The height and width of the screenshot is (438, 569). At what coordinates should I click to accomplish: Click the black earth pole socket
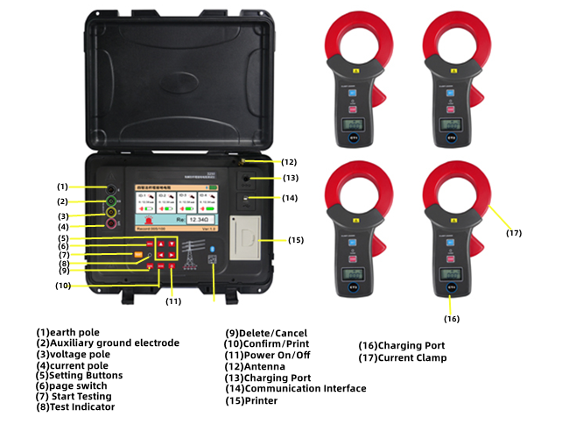point(112,188)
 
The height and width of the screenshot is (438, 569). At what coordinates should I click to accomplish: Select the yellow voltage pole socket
point(112,213)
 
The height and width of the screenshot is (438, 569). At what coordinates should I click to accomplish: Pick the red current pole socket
point(112,225)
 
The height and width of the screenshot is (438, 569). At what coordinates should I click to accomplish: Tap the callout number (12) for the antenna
point(290,161)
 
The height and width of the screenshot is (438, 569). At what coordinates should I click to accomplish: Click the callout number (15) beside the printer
point(296,239)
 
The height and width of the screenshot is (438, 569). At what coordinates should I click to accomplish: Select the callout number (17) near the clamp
point(514,233)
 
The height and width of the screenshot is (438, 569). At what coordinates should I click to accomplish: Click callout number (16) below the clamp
point(452,318)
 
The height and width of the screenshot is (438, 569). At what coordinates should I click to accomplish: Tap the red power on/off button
point(172,267)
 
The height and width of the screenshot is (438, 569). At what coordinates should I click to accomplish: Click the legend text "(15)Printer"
point(251,400)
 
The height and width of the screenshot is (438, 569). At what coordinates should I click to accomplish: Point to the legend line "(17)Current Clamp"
point(403,357)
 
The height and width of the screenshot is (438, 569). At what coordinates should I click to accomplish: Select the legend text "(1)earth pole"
point(67,332)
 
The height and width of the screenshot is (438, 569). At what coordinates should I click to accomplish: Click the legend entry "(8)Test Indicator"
point(76,406)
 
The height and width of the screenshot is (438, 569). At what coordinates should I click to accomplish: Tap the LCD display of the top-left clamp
point(355,125)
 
